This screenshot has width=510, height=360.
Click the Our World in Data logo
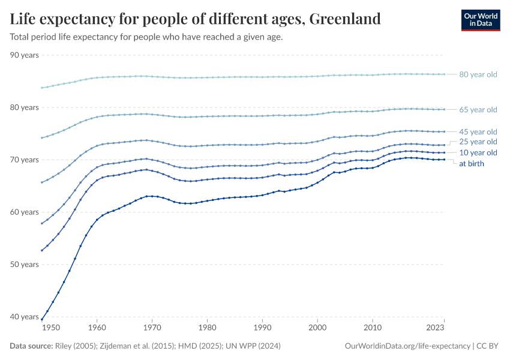481,20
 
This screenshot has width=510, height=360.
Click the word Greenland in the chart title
344,19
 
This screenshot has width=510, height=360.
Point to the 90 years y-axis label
25,55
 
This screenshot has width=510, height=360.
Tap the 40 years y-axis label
25,317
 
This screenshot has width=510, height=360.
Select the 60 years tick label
25,212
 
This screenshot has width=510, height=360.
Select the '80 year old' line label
478,75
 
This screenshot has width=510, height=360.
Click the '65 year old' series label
478,110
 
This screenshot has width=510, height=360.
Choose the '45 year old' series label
478,132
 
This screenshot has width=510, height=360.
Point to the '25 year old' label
478,142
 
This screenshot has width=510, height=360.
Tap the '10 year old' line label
478,153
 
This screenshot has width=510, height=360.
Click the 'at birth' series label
472,163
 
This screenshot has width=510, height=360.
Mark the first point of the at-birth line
41,320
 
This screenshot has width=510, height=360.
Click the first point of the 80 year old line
41,88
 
